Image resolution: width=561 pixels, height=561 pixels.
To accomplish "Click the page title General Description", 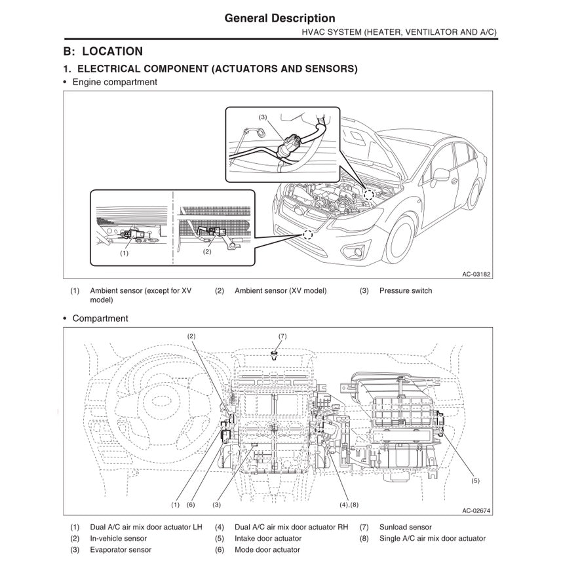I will click(280, 18).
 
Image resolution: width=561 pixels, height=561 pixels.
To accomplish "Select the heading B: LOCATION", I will click(103, 51).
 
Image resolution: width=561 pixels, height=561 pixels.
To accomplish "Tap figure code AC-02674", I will click(476, 511).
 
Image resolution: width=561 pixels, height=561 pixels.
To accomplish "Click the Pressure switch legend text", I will click(405, 291).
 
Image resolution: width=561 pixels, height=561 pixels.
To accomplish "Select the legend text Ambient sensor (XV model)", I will click(280, 291).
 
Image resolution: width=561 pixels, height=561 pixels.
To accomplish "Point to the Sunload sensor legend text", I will click(405, 527).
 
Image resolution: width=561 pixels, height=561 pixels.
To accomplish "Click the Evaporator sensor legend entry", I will click(120, 550).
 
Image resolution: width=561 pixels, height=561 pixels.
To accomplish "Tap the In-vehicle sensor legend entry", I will click(118, 539).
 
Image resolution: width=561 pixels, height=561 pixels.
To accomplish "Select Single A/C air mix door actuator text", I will click(432, 539).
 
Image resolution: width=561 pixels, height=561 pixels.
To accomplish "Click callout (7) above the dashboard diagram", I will click(282, 336).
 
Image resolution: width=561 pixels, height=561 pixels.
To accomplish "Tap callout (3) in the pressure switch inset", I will click(262, 117).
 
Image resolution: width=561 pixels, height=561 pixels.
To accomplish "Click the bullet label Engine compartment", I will click(114, 82).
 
